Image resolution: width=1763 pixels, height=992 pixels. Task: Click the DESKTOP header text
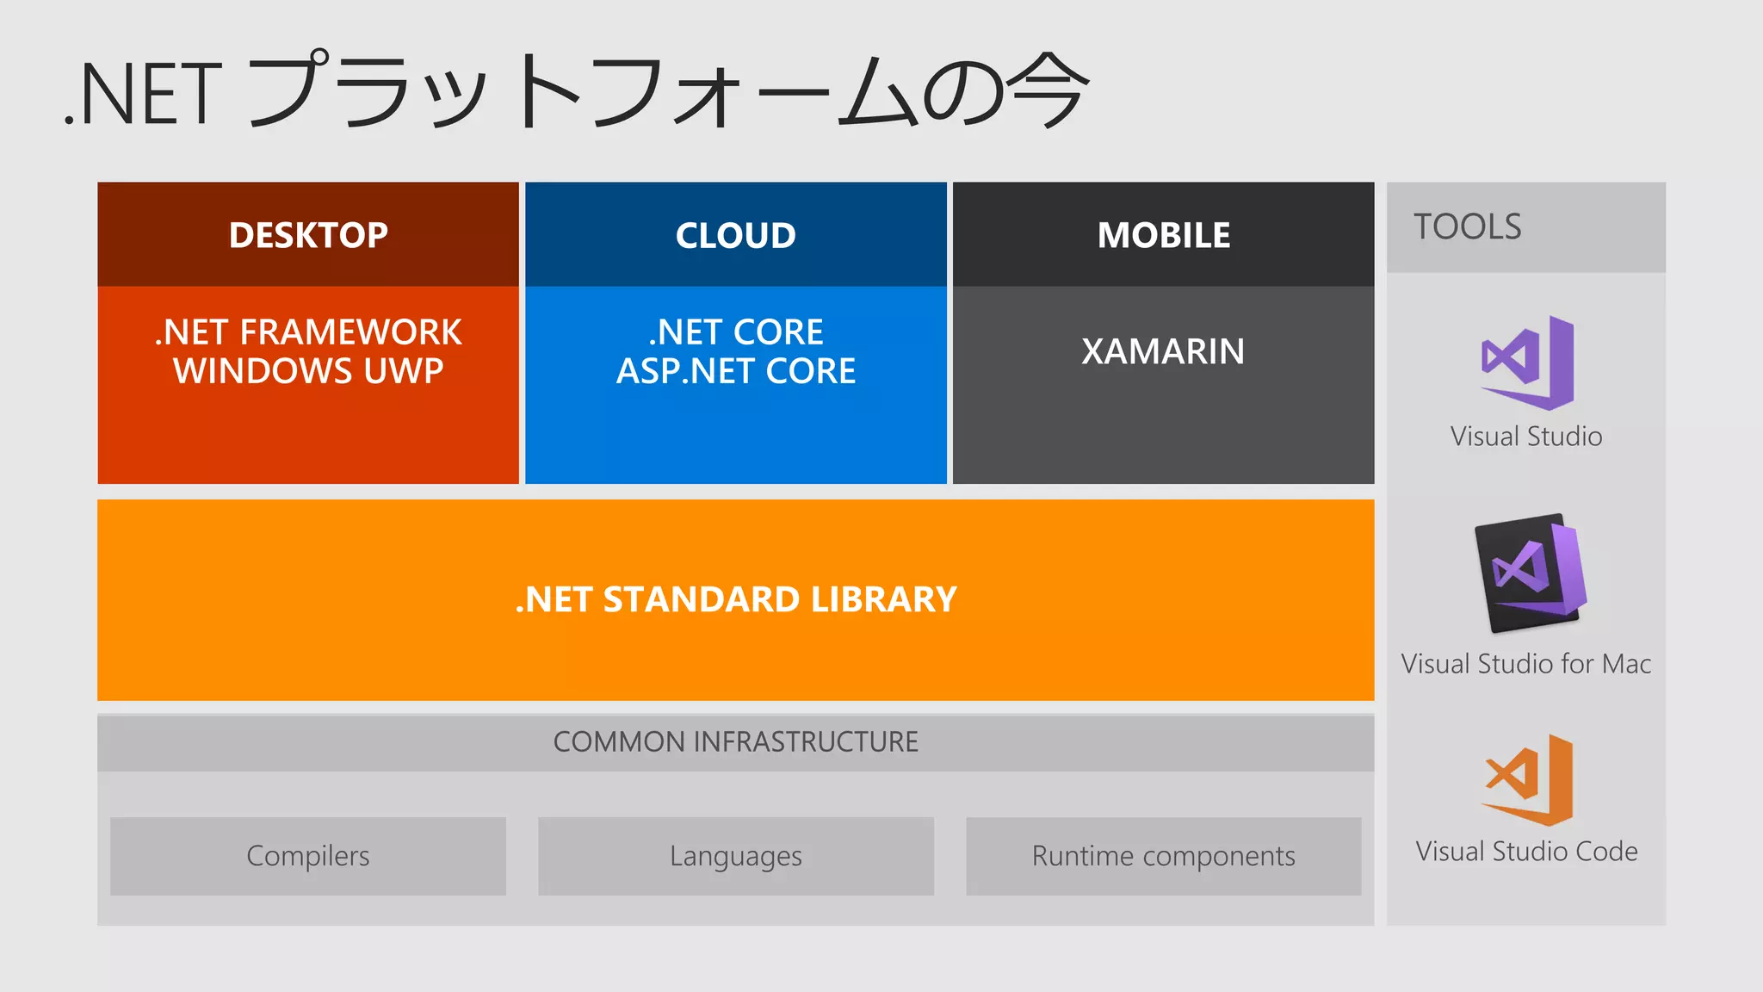click(308, 235)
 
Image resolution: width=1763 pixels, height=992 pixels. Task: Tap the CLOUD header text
click(735, 235)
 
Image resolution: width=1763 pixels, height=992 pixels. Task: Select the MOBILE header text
click(1163, 235)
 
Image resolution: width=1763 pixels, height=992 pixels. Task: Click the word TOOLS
click(1467, 227)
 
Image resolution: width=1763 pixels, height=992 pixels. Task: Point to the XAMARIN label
click(1163, 351)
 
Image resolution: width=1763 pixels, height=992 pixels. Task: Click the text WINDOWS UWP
click(308, 371)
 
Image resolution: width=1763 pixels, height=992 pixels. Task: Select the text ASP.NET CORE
click(735, 371)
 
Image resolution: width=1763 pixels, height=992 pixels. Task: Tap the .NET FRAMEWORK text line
click(308, 332)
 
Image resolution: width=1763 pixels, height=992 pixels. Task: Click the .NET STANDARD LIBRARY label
click(735, 599)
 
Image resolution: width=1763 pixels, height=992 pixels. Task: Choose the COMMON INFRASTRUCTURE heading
click(735, 741)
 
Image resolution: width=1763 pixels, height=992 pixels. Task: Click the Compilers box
click(308, 856)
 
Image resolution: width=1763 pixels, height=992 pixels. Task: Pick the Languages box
click(735, 856)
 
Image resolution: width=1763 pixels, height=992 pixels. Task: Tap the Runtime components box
click(1163, 856)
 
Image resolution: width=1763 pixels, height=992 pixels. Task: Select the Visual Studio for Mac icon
click(1529, 572)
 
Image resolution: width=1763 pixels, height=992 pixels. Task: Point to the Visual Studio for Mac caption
click(1525, 664)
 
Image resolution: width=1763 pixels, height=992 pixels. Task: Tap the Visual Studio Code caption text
click(1525, 852)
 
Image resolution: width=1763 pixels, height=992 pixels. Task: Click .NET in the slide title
click(143, 95)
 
